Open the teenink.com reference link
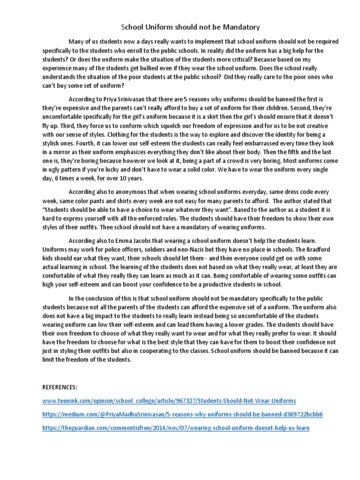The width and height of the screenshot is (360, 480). [169, 401]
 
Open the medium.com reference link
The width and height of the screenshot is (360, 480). [182, 415]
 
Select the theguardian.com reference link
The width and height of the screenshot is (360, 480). [176, 428]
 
